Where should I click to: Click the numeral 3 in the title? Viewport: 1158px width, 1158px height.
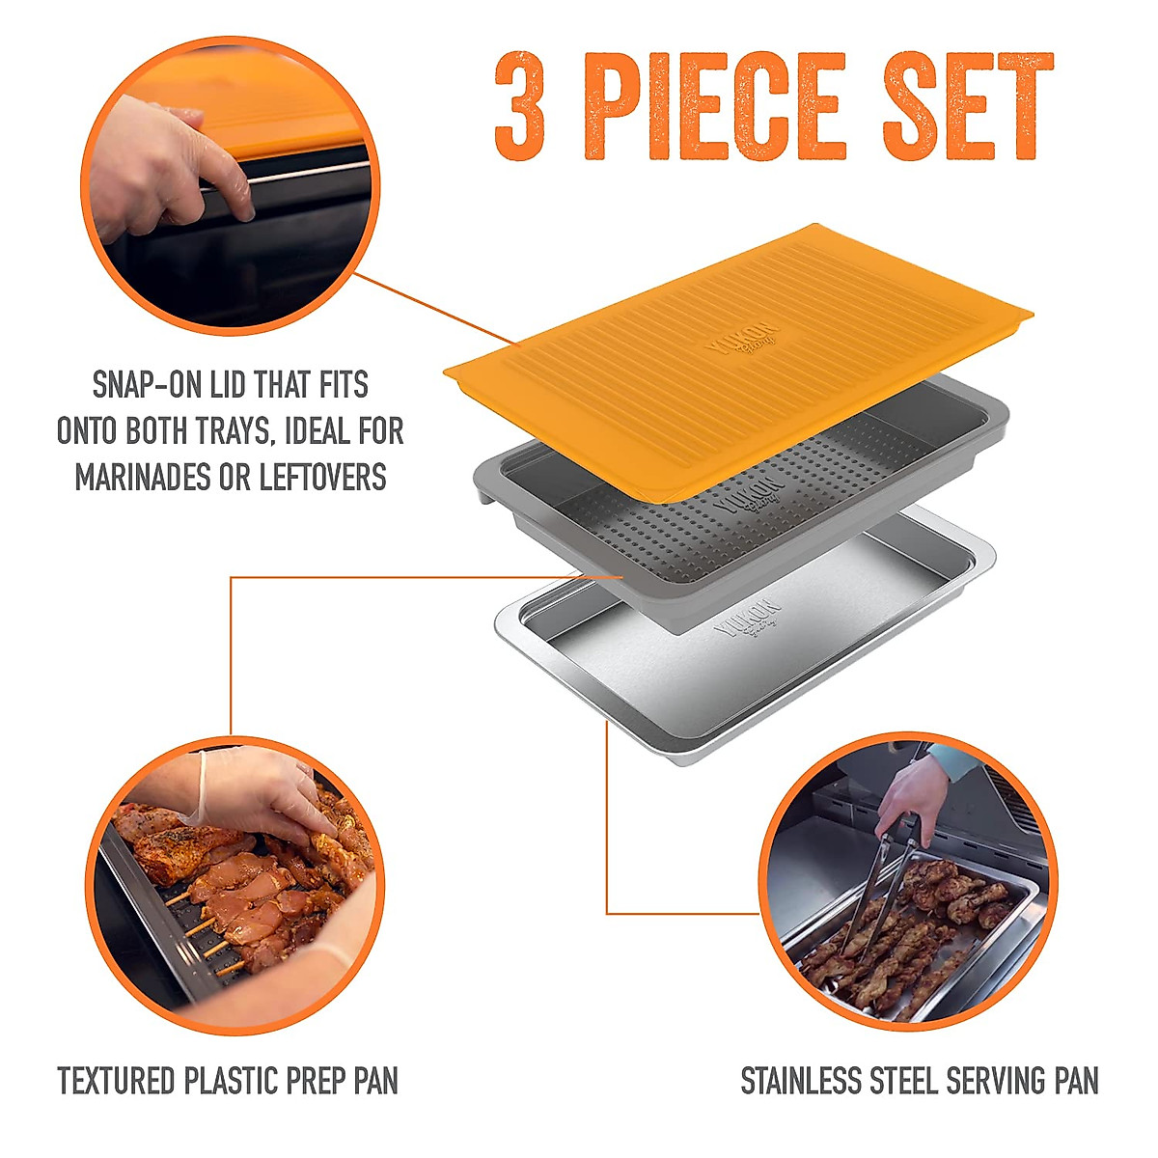tap(520, 108)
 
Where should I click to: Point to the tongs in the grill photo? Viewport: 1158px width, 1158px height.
tap(883, 868)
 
